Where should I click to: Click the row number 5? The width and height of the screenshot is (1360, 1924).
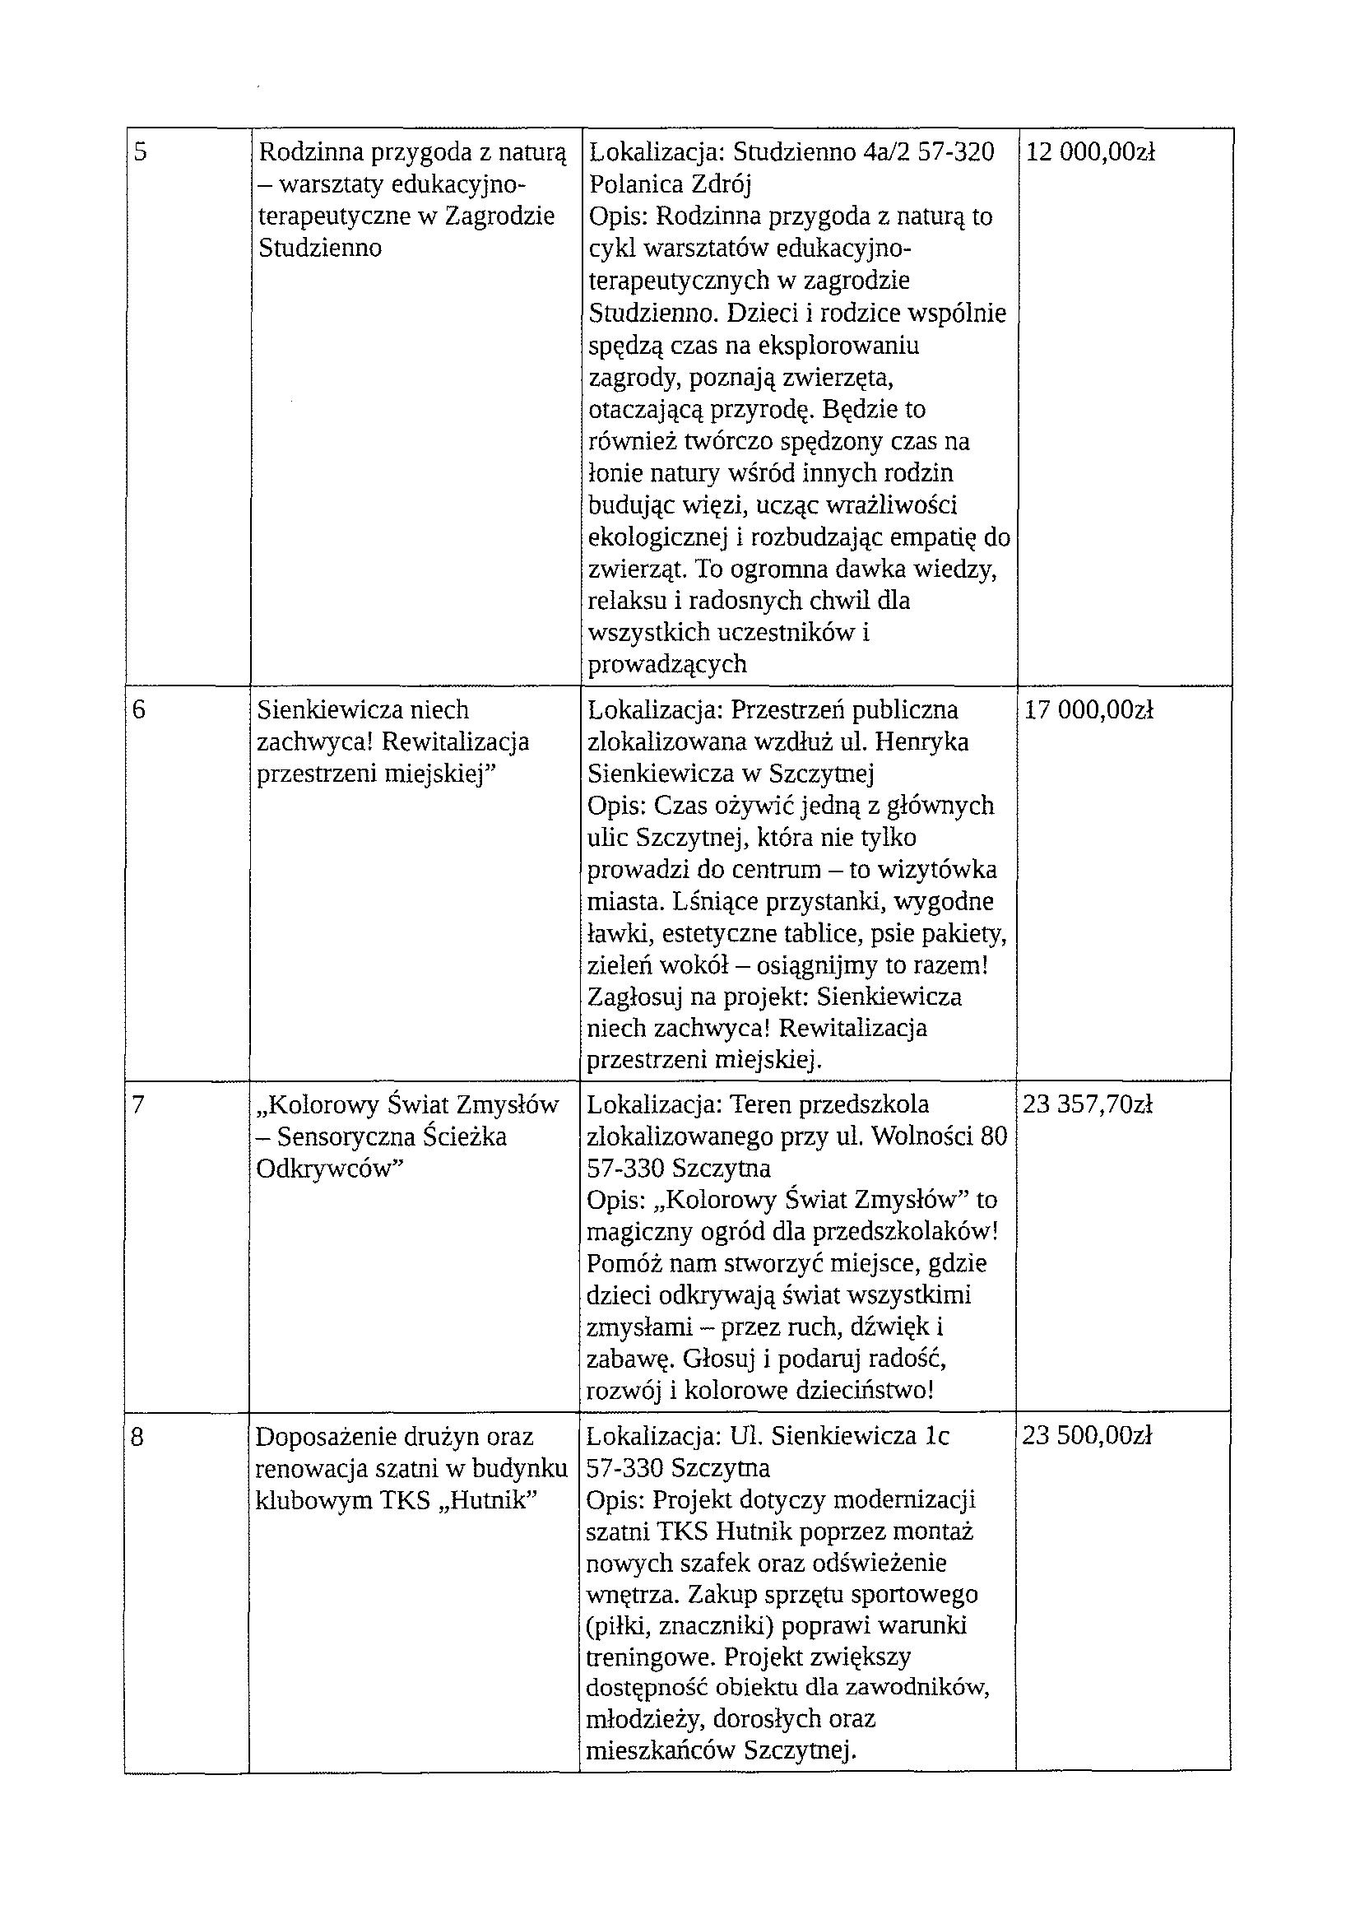pos(140,153)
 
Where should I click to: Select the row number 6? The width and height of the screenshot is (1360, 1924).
pos(139,709)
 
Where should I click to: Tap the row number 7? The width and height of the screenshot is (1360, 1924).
pos(138,1105)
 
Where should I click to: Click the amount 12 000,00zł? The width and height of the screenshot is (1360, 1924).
pos(1090,152)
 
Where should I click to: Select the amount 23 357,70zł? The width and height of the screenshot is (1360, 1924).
pos(1088,1105)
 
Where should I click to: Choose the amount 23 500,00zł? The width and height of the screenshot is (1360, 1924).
pos(1087,1436)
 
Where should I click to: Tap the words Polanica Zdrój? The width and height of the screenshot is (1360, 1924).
pos(671,184)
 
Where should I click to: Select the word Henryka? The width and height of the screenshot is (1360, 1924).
pos(928,742)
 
